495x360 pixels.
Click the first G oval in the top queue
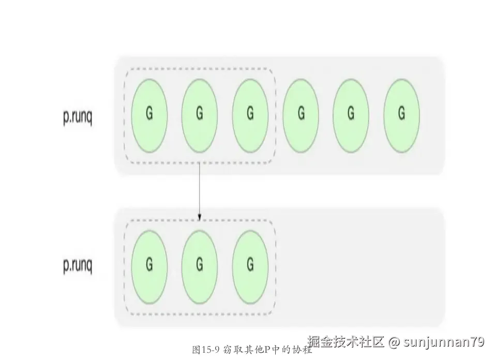[149, 115]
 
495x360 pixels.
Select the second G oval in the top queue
[200, 115]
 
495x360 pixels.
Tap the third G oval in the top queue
[250, 115]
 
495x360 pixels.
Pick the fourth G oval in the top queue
[301, 115]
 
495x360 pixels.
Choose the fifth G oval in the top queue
[351, 115]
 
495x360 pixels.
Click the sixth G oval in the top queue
[401, 115]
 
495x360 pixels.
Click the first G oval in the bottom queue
[149, 266]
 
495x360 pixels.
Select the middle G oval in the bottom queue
[200, 266]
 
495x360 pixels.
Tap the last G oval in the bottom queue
[250, 266]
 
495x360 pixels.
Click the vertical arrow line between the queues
[200, 189]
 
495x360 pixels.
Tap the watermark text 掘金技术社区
[346, 341]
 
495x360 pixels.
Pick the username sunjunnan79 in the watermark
[444, 342]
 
